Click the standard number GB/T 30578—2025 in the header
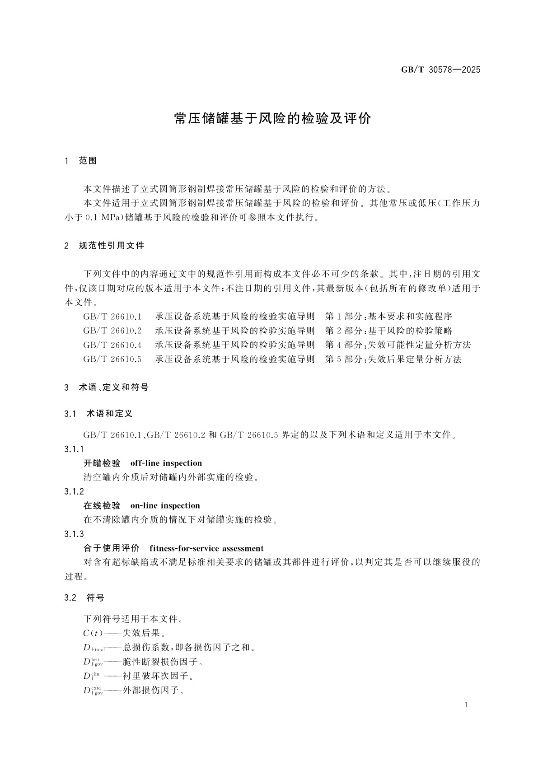[x=440, y=70]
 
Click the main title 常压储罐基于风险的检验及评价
[x=272, y=118]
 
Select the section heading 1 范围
[x=81, y=161]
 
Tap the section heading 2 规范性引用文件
[x=105, y=246]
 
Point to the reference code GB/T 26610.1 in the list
[x=112, y=316]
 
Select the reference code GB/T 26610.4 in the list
[x=112, y=345]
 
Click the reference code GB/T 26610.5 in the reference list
[x=112, y=359]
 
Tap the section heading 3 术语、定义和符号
[x=107, y=387]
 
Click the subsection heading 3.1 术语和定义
[x=98, y=413]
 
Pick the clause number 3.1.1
[x=74, y=449]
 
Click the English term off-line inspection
[x=166, y=463]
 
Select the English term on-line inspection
[x=165, y=505]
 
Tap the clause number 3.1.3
[x=74, y=534]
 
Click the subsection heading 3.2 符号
[x=84, y=598]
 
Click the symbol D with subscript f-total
[x=94, y=648]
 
